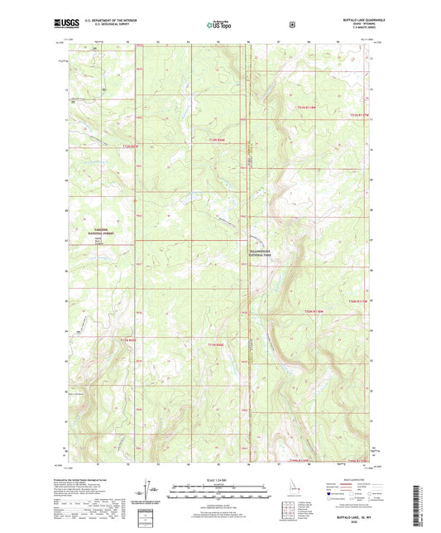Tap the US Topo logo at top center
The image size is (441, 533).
[219, 25]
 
